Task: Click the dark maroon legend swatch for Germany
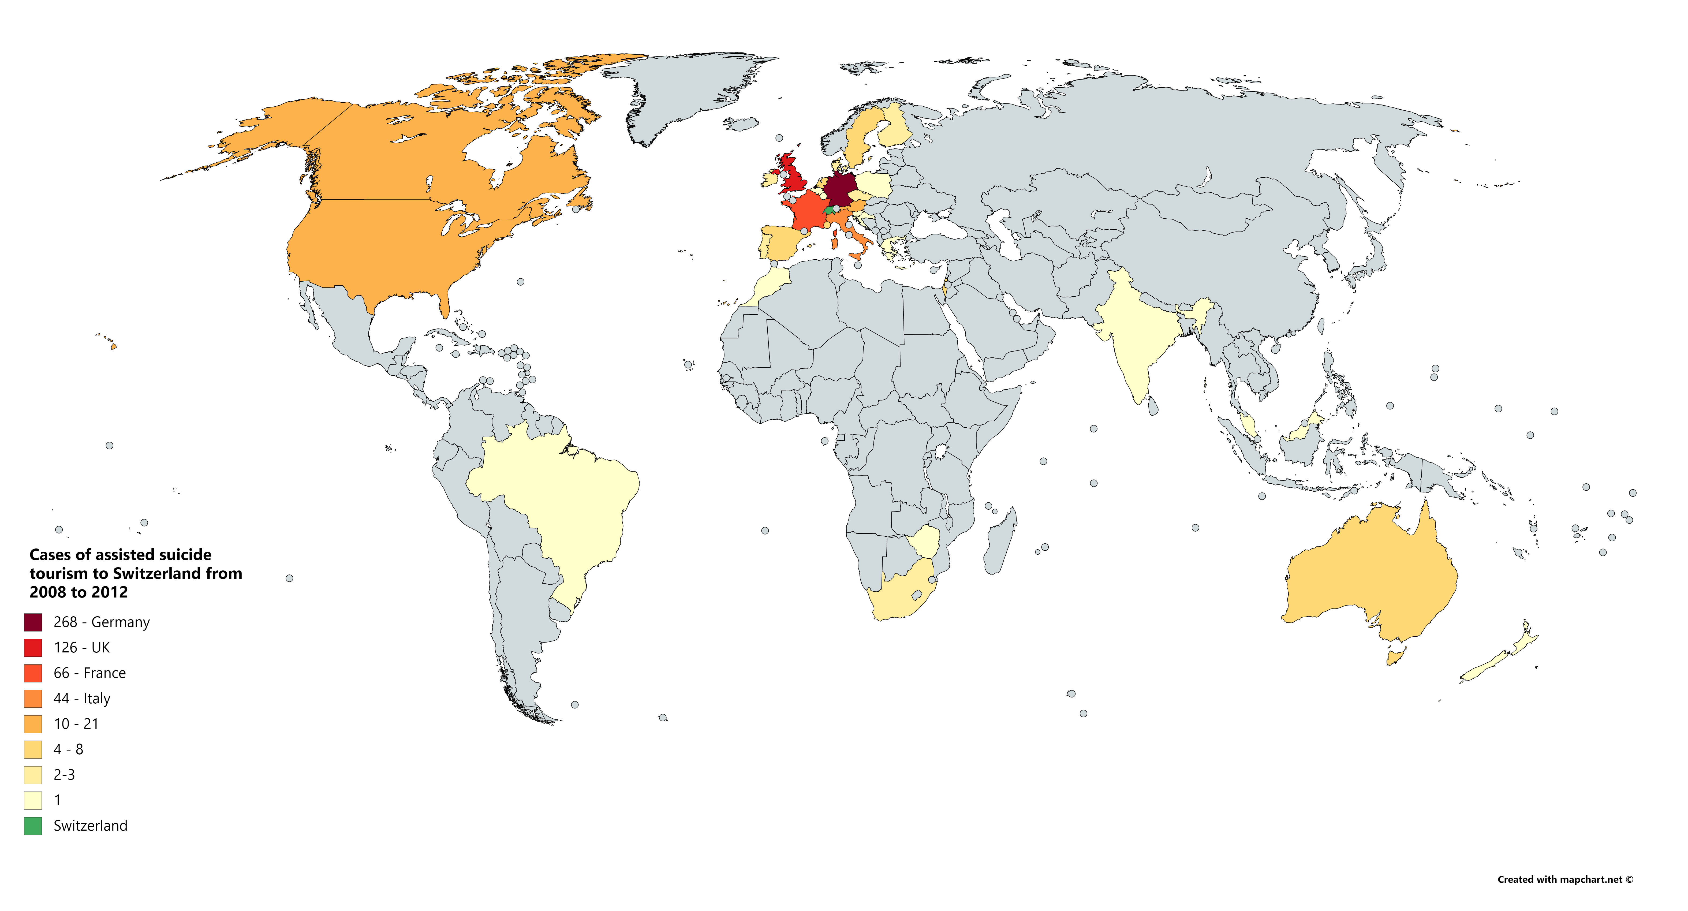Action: pyautogui.click(x=33, y=622)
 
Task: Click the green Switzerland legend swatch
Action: pyautogui.click(x=33, y=826)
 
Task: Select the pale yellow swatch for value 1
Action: pyautogui.click(x=33, y=800)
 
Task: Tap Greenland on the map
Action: pyautogui.click(x=688, y=92)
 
